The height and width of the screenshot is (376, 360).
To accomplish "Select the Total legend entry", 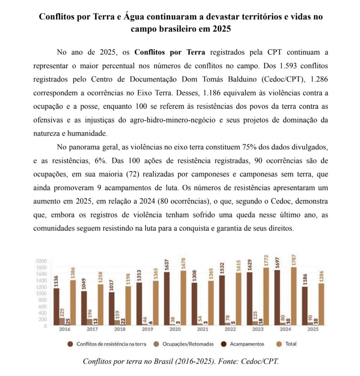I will point(290,344).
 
